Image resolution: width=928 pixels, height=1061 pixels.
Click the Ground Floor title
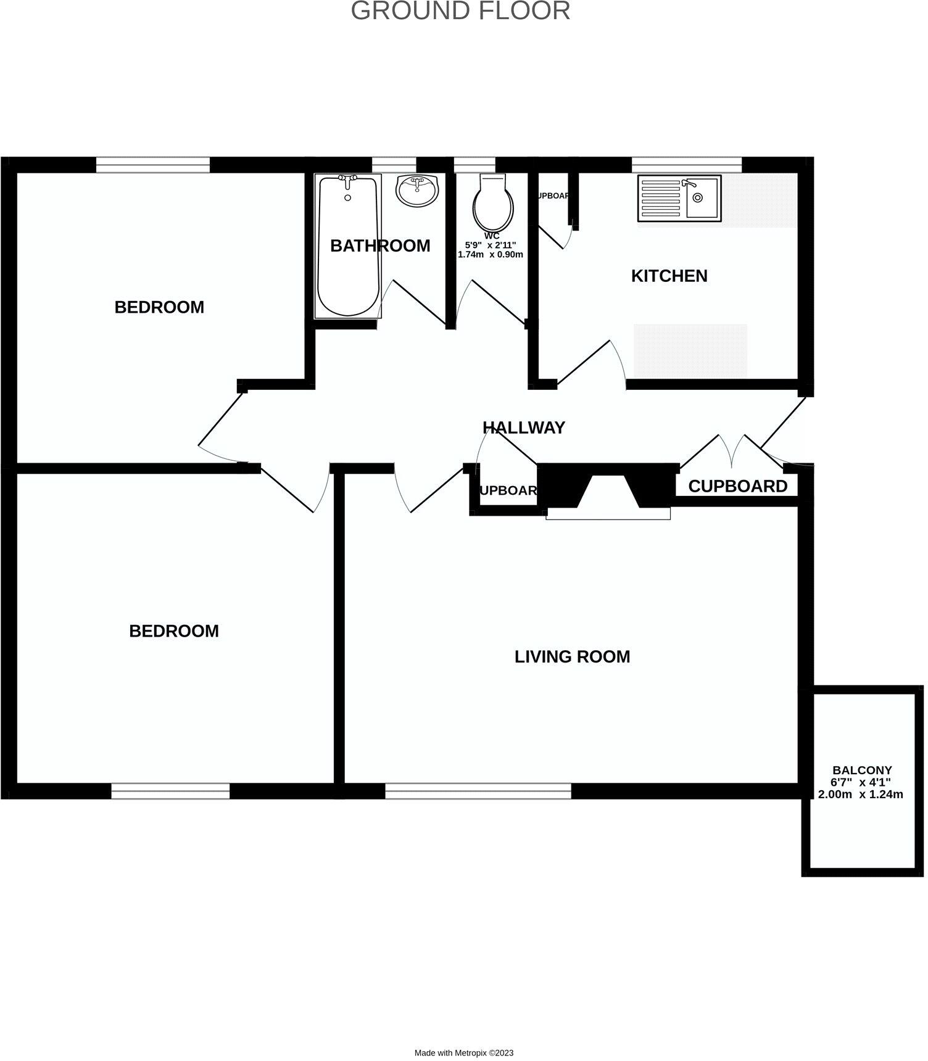click(460, 10)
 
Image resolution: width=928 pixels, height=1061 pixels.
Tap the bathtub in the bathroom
click(347, 246)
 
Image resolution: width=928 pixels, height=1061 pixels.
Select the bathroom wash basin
click(418, 190)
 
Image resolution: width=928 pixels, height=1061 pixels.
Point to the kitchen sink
click(679, 198)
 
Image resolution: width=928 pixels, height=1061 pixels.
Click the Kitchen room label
click(669, 276)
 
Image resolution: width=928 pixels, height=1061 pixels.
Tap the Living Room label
click(572, 656)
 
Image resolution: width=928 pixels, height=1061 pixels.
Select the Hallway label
click(523, 427)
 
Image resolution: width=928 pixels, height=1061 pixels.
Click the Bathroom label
click(380, 246)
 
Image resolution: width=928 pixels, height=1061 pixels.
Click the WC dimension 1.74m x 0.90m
click(490, 254)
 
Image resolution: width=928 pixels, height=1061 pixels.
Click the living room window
click(478, 791)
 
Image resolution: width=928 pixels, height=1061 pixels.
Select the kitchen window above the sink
click(686, 165)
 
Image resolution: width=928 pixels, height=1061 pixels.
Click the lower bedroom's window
click(170, 791)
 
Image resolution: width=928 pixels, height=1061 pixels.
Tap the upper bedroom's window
click(152, 165)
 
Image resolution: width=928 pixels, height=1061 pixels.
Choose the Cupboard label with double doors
click(737, 486)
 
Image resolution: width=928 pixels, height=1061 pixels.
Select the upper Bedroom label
click(159, 307)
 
